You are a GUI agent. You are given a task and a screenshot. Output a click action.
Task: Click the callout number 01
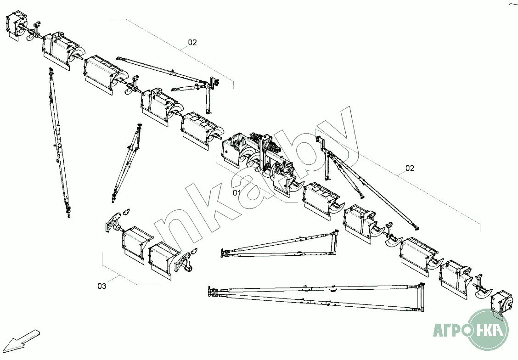point(237,193)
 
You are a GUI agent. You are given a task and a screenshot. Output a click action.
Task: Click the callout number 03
point(101,286)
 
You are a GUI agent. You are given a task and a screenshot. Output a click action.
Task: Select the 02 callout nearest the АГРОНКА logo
point(410,168)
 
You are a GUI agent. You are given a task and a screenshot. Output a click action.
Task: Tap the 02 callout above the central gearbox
point(192,42)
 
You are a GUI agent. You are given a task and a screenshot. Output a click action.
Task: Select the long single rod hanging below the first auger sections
point(59,142)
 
